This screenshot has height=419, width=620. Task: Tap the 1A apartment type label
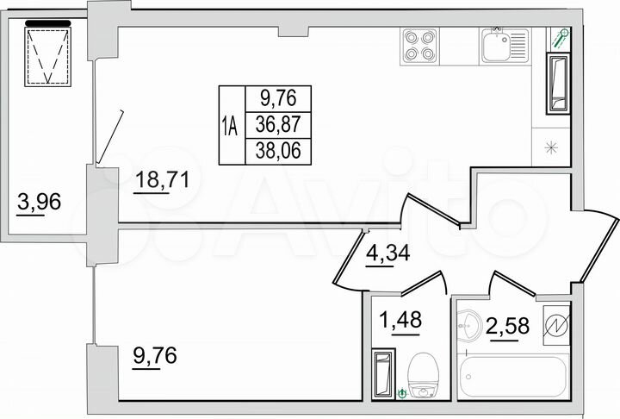pos(230,126)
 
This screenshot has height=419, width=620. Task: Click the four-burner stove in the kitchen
pos(419,45)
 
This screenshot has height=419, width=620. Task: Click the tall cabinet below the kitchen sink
pos(555,85)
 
